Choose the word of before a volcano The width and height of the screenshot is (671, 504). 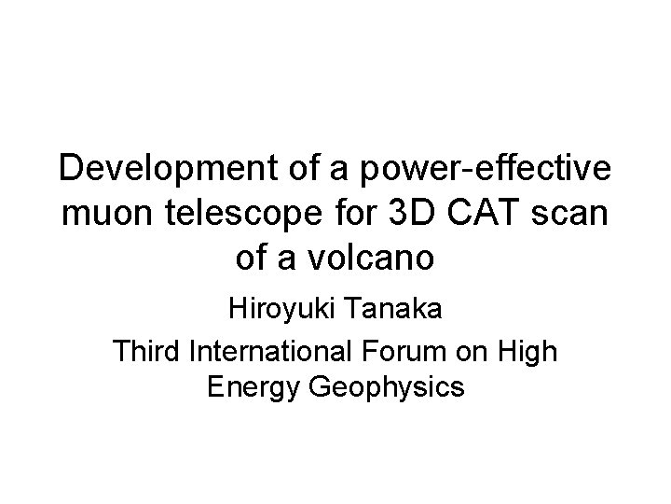pos(253,258)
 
